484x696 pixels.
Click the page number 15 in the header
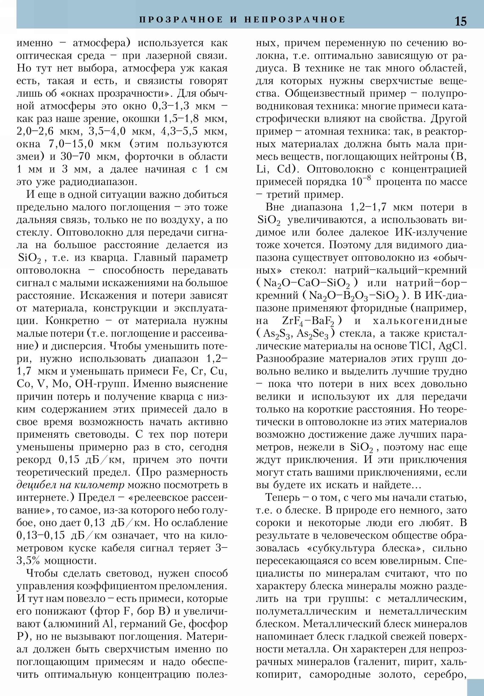460,21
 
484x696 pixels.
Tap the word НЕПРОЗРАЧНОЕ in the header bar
295,20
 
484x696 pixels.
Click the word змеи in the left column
28,157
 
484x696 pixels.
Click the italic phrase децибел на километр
70,485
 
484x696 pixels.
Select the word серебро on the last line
445,675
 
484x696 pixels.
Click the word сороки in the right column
274,523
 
